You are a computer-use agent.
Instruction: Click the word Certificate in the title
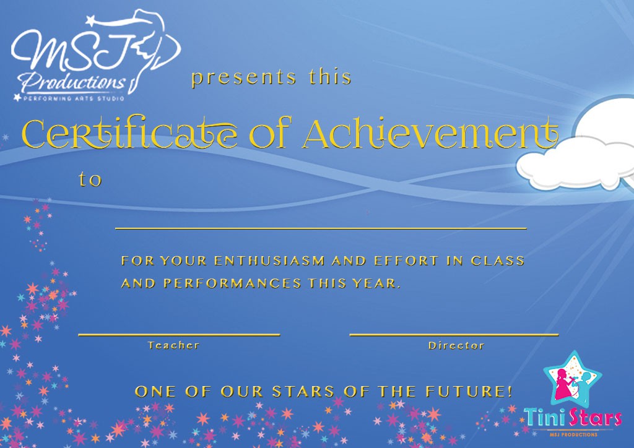click(x=130, y=133)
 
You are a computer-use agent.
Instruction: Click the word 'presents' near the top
click(x=244, y=77)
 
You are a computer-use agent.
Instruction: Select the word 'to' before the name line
click(x=90, y=179)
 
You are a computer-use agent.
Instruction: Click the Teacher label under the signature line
click(x=173, y=345)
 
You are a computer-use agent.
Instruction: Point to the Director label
click(x=456, y=345)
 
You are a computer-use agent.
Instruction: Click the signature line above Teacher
click(x=179, y=335)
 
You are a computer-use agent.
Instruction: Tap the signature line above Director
click(x=454, y=335)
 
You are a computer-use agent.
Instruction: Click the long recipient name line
click(x=321, y=229)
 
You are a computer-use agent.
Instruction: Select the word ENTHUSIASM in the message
click(x=269, y=261)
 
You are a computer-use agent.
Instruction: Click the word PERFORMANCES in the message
click(x=233, y=283)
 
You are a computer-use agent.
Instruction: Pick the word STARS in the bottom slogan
click(x=303, y=392)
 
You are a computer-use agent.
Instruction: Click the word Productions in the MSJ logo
click(x=74, y=83)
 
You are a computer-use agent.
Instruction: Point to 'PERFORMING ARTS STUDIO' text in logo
click(x=74, y=98)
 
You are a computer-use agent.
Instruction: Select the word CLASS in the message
click(x=498, y=261)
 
